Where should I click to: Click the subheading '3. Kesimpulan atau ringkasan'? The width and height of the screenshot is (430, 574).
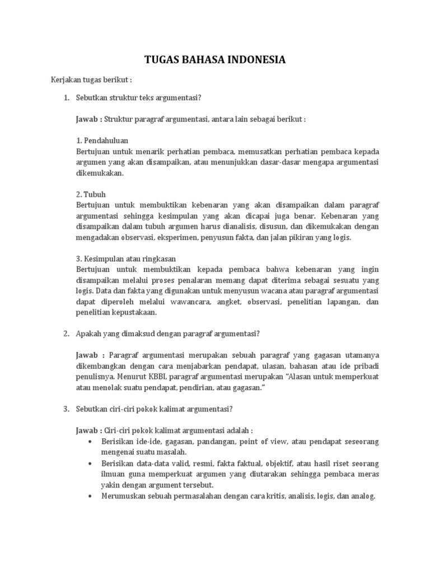tap(125, 258)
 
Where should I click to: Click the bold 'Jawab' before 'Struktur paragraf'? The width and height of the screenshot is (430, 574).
tap(87, 119)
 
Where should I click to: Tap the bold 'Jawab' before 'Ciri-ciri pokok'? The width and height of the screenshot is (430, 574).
tap(87, 430)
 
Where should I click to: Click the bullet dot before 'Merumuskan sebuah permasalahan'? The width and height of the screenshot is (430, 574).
tap(91, 496)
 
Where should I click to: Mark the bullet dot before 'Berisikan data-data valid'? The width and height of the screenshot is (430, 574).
tap(91, 463)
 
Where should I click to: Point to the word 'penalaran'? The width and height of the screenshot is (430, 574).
tap(204, 280)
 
